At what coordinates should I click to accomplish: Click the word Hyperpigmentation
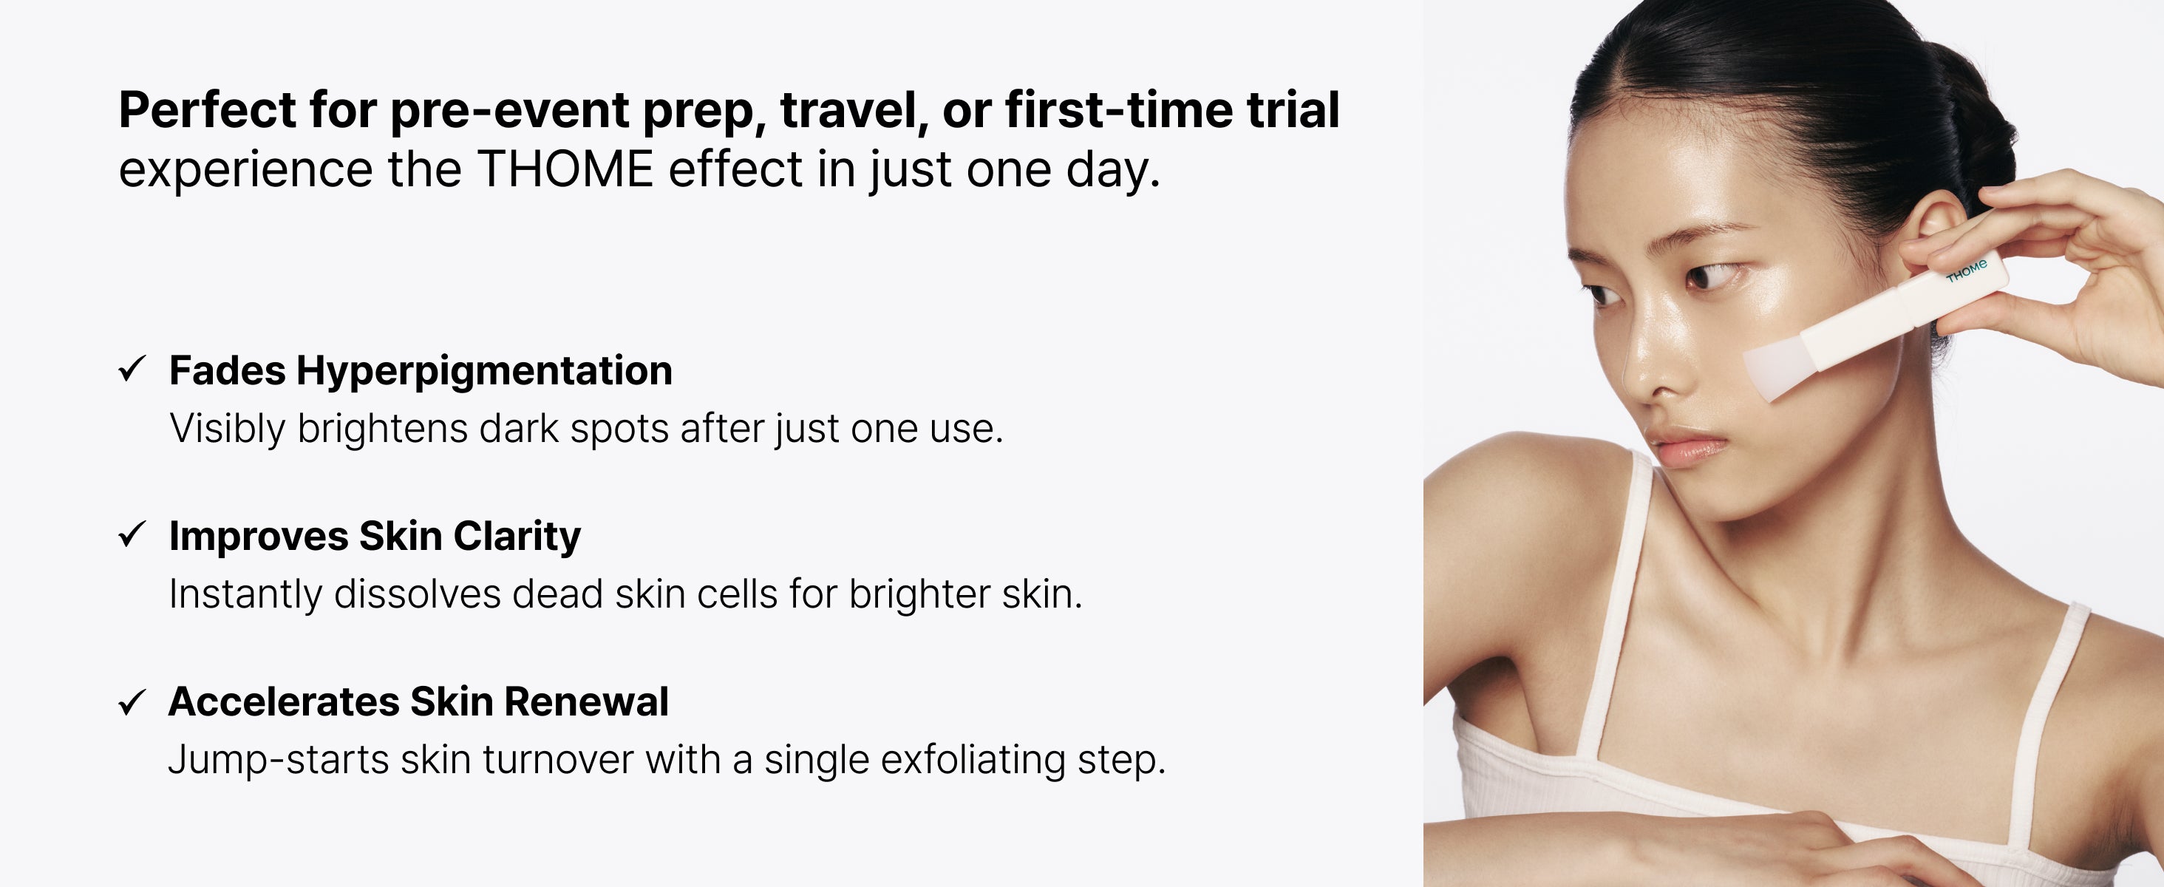(484, 371)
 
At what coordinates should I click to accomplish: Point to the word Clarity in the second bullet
(517, 537)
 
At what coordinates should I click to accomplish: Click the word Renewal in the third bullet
(586, 701)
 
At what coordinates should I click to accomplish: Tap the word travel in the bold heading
(854, 109)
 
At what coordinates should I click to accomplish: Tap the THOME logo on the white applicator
(1967, 271)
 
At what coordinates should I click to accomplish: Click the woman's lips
(1689, 447)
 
